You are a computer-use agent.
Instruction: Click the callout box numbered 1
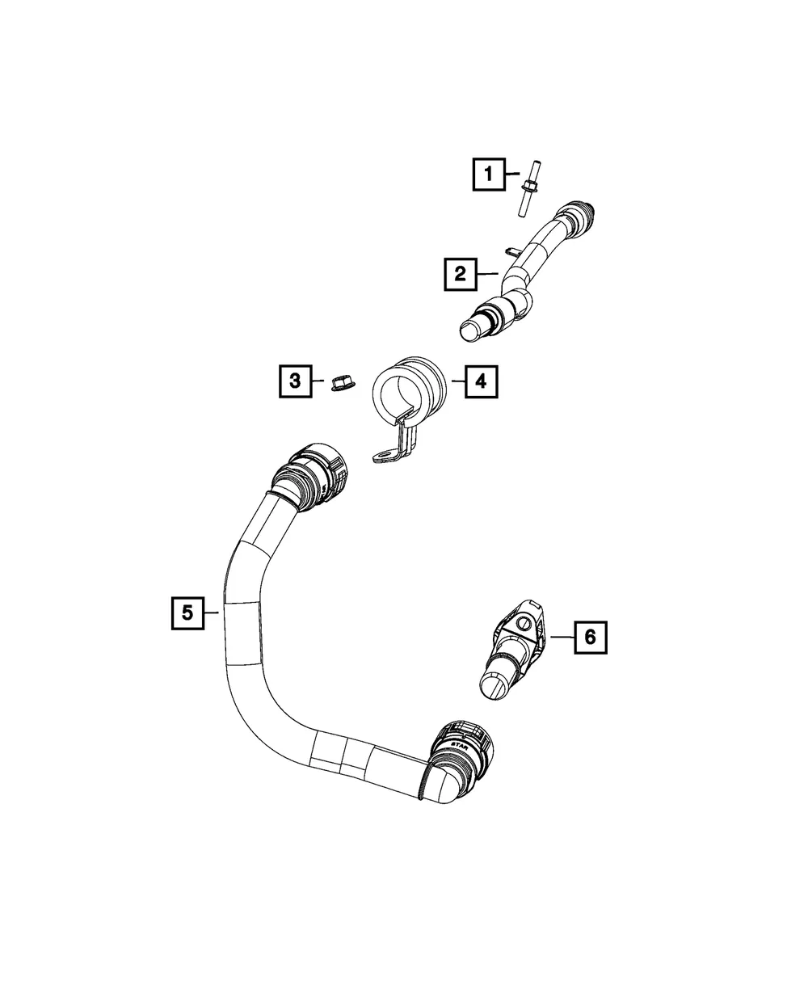(x=489, y=175)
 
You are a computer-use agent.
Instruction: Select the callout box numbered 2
(x=461, y=274)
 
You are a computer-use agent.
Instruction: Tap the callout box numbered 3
(x=295, y=381)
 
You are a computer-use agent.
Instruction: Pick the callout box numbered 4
(x=481, y=381)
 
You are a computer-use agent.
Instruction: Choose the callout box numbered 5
(x=187, y=613)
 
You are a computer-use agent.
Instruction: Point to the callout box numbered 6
(x=591, y=638)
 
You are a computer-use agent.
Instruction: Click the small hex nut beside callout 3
(x=340, y=383)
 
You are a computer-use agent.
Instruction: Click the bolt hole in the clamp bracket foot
(x=385, y=455)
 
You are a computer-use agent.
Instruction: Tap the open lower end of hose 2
(x=471, y=330)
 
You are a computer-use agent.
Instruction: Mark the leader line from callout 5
(x=212, y=613)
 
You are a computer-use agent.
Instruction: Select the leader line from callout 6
(x=562, y=637)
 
